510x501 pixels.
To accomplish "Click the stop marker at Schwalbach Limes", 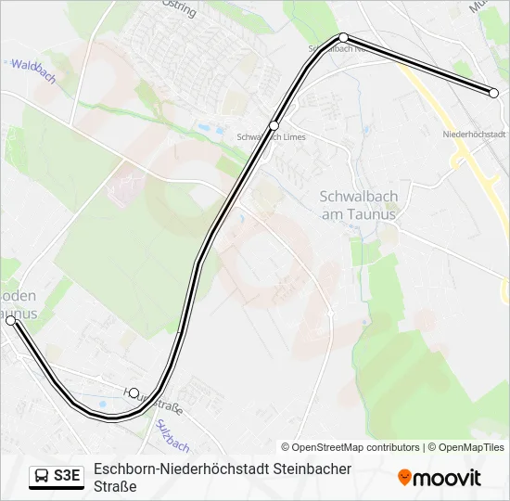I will (274, 124).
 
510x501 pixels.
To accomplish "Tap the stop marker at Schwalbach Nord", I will (344, 37).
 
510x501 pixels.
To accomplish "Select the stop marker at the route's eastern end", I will (494, 93).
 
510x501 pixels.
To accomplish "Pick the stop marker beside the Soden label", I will (11, 320).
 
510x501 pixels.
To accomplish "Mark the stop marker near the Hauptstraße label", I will (134, 392).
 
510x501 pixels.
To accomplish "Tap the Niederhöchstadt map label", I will (474, 135).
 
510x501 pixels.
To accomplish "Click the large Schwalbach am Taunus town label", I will (357, 205).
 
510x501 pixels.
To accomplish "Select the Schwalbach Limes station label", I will (271, 137).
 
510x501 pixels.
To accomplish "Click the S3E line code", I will (68, 476).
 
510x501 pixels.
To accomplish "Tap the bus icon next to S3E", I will (42, 476).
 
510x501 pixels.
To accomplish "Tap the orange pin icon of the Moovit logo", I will (404, 478).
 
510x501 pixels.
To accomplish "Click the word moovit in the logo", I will (448, 478).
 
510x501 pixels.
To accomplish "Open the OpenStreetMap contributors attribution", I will (351, 447).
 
